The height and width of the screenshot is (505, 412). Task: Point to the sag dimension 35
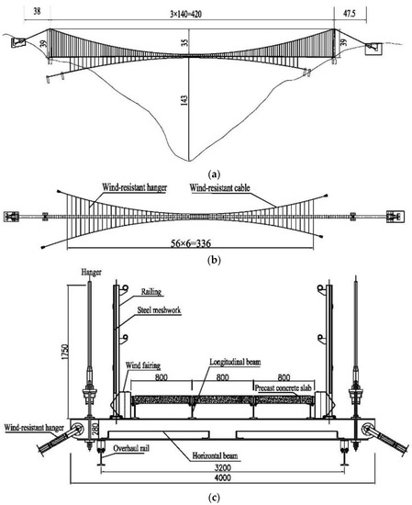(185, 43)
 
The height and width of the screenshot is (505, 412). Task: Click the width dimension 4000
(217, 481)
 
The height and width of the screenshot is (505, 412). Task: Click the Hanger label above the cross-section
(84, 273)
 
